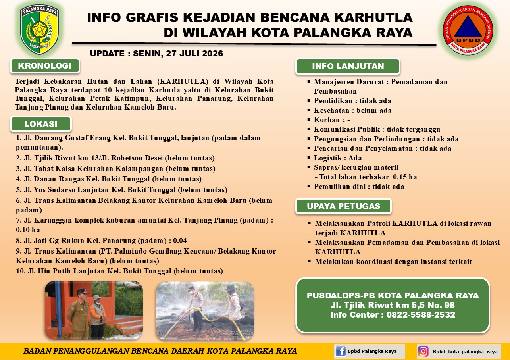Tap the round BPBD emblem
click(468, 30)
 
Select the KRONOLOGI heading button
click(45, 66)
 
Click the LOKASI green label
click(41, 124)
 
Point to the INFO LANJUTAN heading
click(348, 66)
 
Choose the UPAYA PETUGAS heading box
click(343, 206)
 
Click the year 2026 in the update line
click(212, 54)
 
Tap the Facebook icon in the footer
click(341, 351)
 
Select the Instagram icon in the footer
click(423, 351)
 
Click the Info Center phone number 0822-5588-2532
click(421, 315)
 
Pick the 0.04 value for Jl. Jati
click(180, 241)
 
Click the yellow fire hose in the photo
click(205, 321)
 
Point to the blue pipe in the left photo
click(58, 310)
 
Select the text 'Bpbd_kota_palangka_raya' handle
click(465, 352)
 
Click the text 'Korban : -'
click(332, 120)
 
